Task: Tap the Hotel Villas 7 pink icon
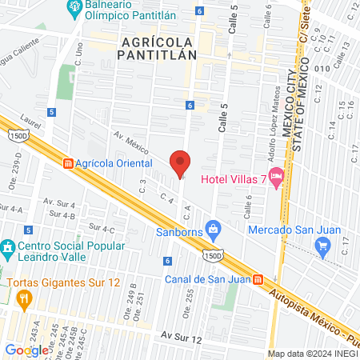coord(277,175)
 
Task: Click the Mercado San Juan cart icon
coord(323,246)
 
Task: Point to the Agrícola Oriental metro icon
coord(68,162)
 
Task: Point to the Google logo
coord(26,350)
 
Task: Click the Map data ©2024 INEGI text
coord(312,354)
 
